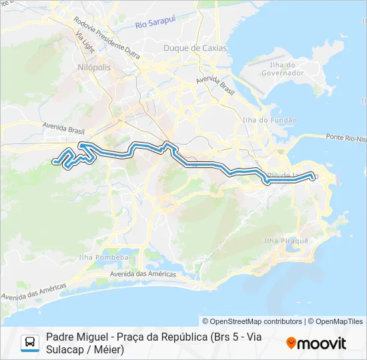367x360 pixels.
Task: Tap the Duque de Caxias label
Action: point(195,48)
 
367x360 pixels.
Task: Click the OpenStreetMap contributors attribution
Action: point(252,321)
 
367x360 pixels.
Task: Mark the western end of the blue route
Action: point(55,160)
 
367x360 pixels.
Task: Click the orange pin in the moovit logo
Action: point(291,343)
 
